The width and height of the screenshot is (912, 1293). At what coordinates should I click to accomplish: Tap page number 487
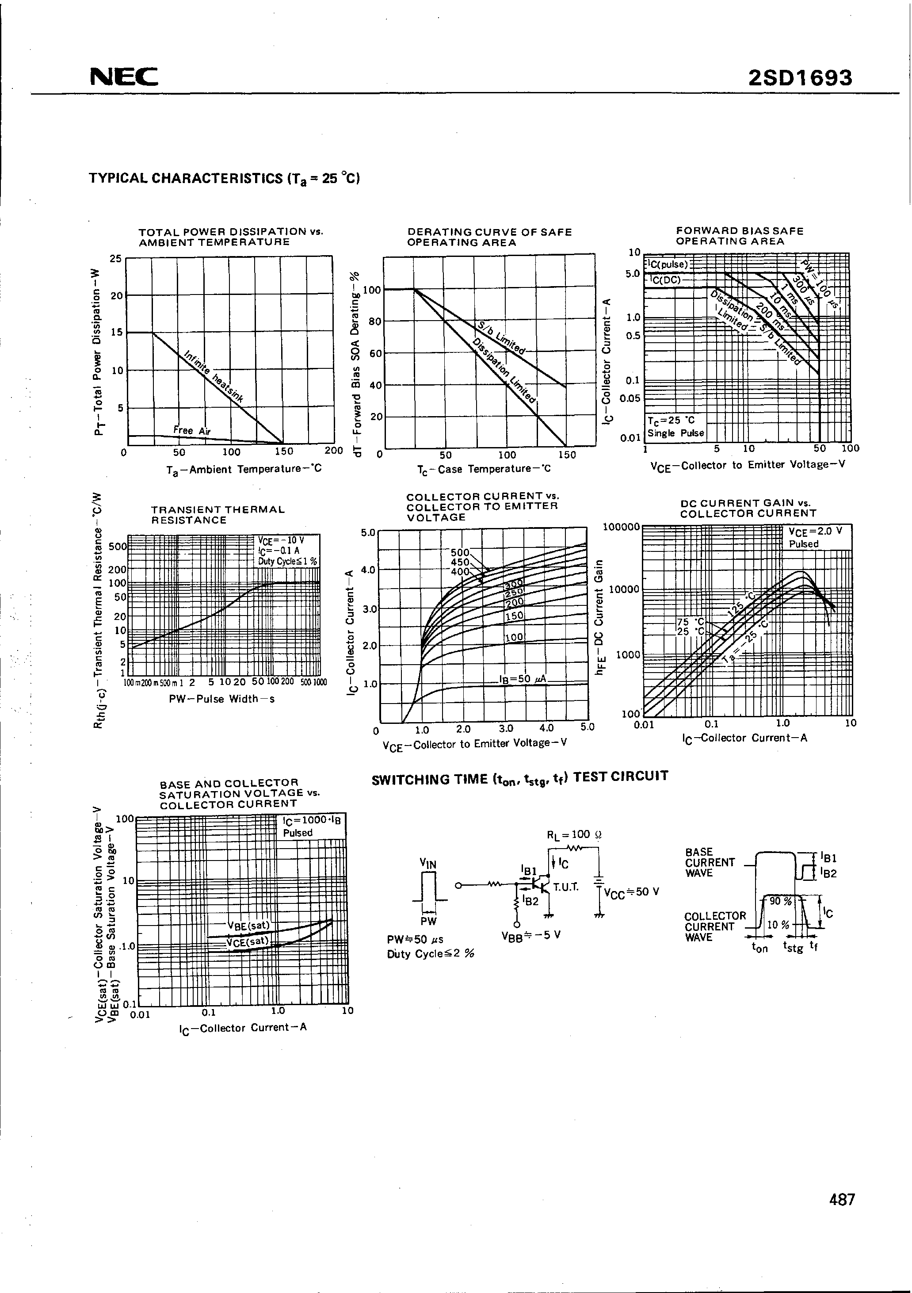coord(842,1215)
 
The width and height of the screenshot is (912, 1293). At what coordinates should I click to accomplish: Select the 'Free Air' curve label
coord(191,431)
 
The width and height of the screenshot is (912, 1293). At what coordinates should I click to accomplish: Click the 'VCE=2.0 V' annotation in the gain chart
coord(815,531)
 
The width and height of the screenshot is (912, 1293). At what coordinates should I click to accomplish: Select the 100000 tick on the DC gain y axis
coord(621,527)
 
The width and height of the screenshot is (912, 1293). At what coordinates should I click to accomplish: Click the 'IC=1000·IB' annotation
coord(311,821)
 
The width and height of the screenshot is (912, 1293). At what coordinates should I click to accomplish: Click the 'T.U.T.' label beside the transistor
coord(566,887)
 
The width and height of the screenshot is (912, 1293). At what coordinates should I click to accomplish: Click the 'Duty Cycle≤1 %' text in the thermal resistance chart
coord(287,562)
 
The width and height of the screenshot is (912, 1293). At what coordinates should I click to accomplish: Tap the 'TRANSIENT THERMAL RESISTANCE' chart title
coord(218,515)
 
